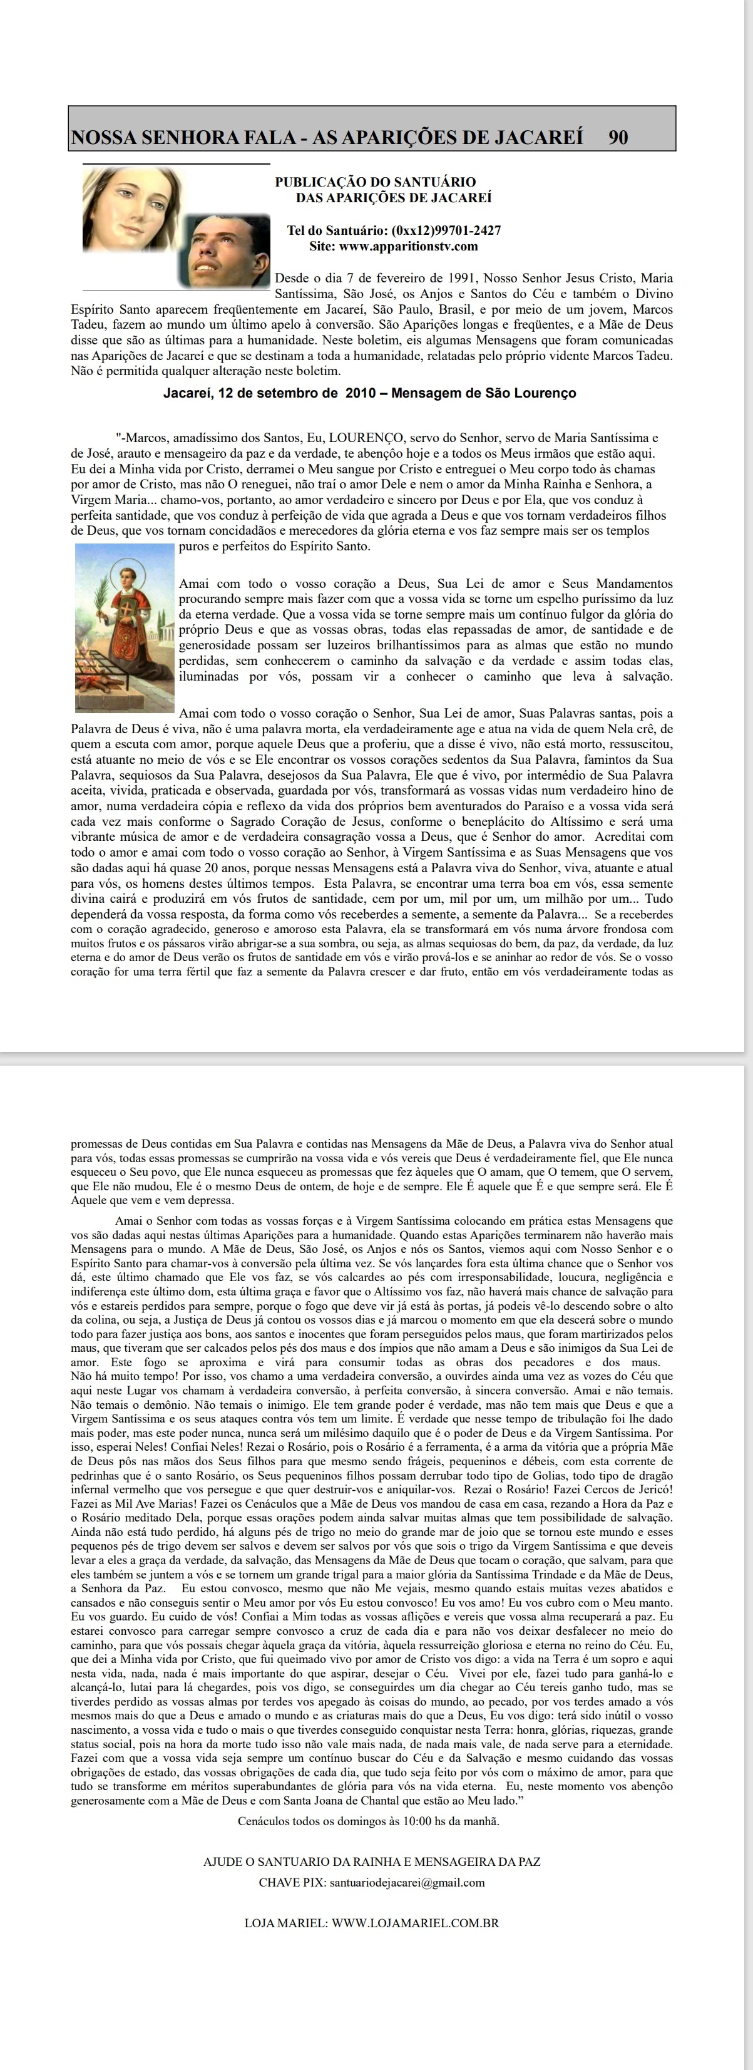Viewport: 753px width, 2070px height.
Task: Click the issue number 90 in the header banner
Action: [x=618, y=137]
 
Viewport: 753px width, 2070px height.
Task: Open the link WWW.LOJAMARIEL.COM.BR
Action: [x=414, y=1923]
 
